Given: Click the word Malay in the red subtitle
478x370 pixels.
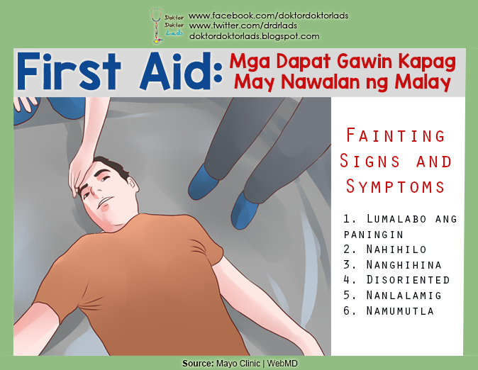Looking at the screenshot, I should tap(423, 84).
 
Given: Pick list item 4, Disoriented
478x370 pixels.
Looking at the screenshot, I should tap(401, 280).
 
